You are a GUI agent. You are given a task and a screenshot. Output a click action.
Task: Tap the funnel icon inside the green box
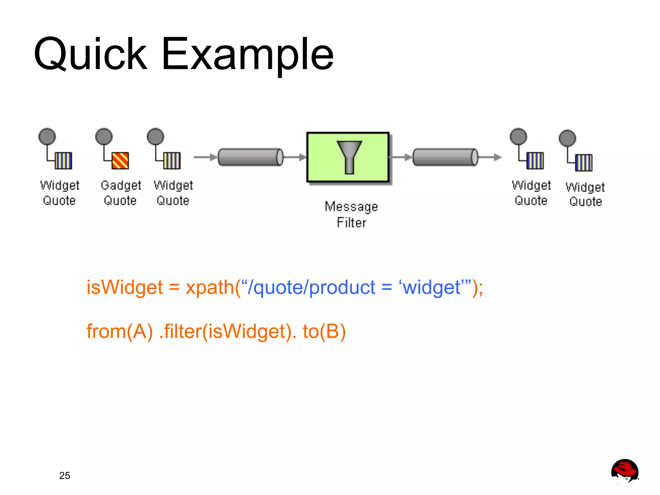pos(349,157)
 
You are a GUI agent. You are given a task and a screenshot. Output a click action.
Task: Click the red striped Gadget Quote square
pos(120,160)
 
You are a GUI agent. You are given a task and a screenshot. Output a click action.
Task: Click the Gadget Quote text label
pos(121,193)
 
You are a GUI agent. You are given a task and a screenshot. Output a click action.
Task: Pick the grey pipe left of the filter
pos(250,157)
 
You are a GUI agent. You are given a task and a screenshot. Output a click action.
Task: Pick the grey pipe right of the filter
pos(445,157)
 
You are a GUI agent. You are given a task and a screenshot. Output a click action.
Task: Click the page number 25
pos(64,475)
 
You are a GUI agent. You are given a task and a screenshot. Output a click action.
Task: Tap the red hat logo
pos(625,471)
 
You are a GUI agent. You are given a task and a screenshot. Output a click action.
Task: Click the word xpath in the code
pos(209,287)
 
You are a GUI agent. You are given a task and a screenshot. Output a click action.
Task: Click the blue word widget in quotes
pos(432,287)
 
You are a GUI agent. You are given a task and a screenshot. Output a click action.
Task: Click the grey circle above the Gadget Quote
pos(104,137)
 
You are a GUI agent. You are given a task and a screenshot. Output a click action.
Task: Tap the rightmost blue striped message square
pos(584,162)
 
